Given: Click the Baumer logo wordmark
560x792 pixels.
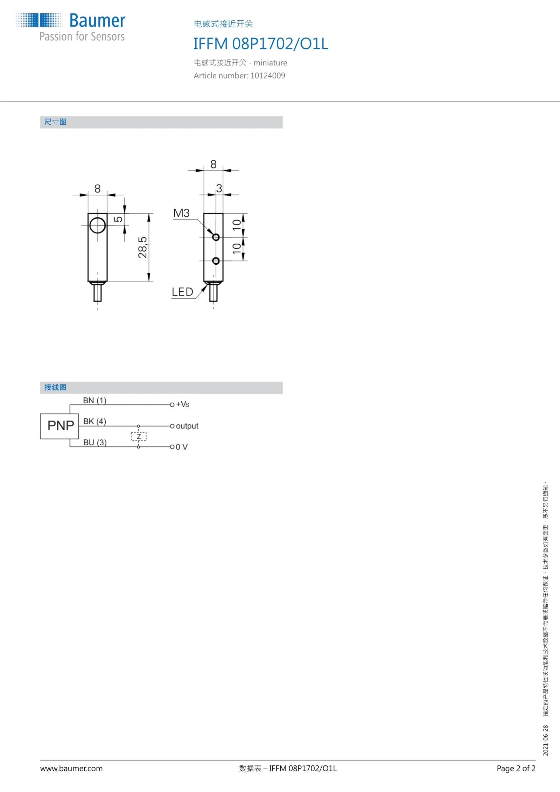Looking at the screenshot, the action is tap(97, 21).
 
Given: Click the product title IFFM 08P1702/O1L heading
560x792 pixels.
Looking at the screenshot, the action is tap(261, 44).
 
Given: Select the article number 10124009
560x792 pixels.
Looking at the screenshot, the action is tap(268, 76).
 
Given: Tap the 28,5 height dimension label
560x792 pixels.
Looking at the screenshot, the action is tap(142, 247).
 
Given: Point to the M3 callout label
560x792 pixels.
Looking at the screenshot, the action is tap(181, 213).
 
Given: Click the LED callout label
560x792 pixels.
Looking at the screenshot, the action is tap(182, 292).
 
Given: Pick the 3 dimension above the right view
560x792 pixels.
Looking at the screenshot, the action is tap(219, 188).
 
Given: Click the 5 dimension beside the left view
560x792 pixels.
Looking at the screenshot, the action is tap(119, 219).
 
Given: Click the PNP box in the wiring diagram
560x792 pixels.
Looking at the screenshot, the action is tap(59, 426).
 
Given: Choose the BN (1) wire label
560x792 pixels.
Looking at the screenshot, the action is tap(94, 400).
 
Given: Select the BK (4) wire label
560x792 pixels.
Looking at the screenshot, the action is tap(94, 421).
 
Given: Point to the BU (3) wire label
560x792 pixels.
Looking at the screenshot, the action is tap(95, 442).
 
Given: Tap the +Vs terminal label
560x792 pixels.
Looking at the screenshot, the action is tap(183, 404).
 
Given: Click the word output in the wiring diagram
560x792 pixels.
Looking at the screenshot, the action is tap(187, 426).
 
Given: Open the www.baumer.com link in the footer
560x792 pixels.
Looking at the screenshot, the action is tap(71, 769).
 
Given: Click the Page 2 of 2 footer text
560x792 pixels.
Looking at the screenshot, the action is tap(516, 769).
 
